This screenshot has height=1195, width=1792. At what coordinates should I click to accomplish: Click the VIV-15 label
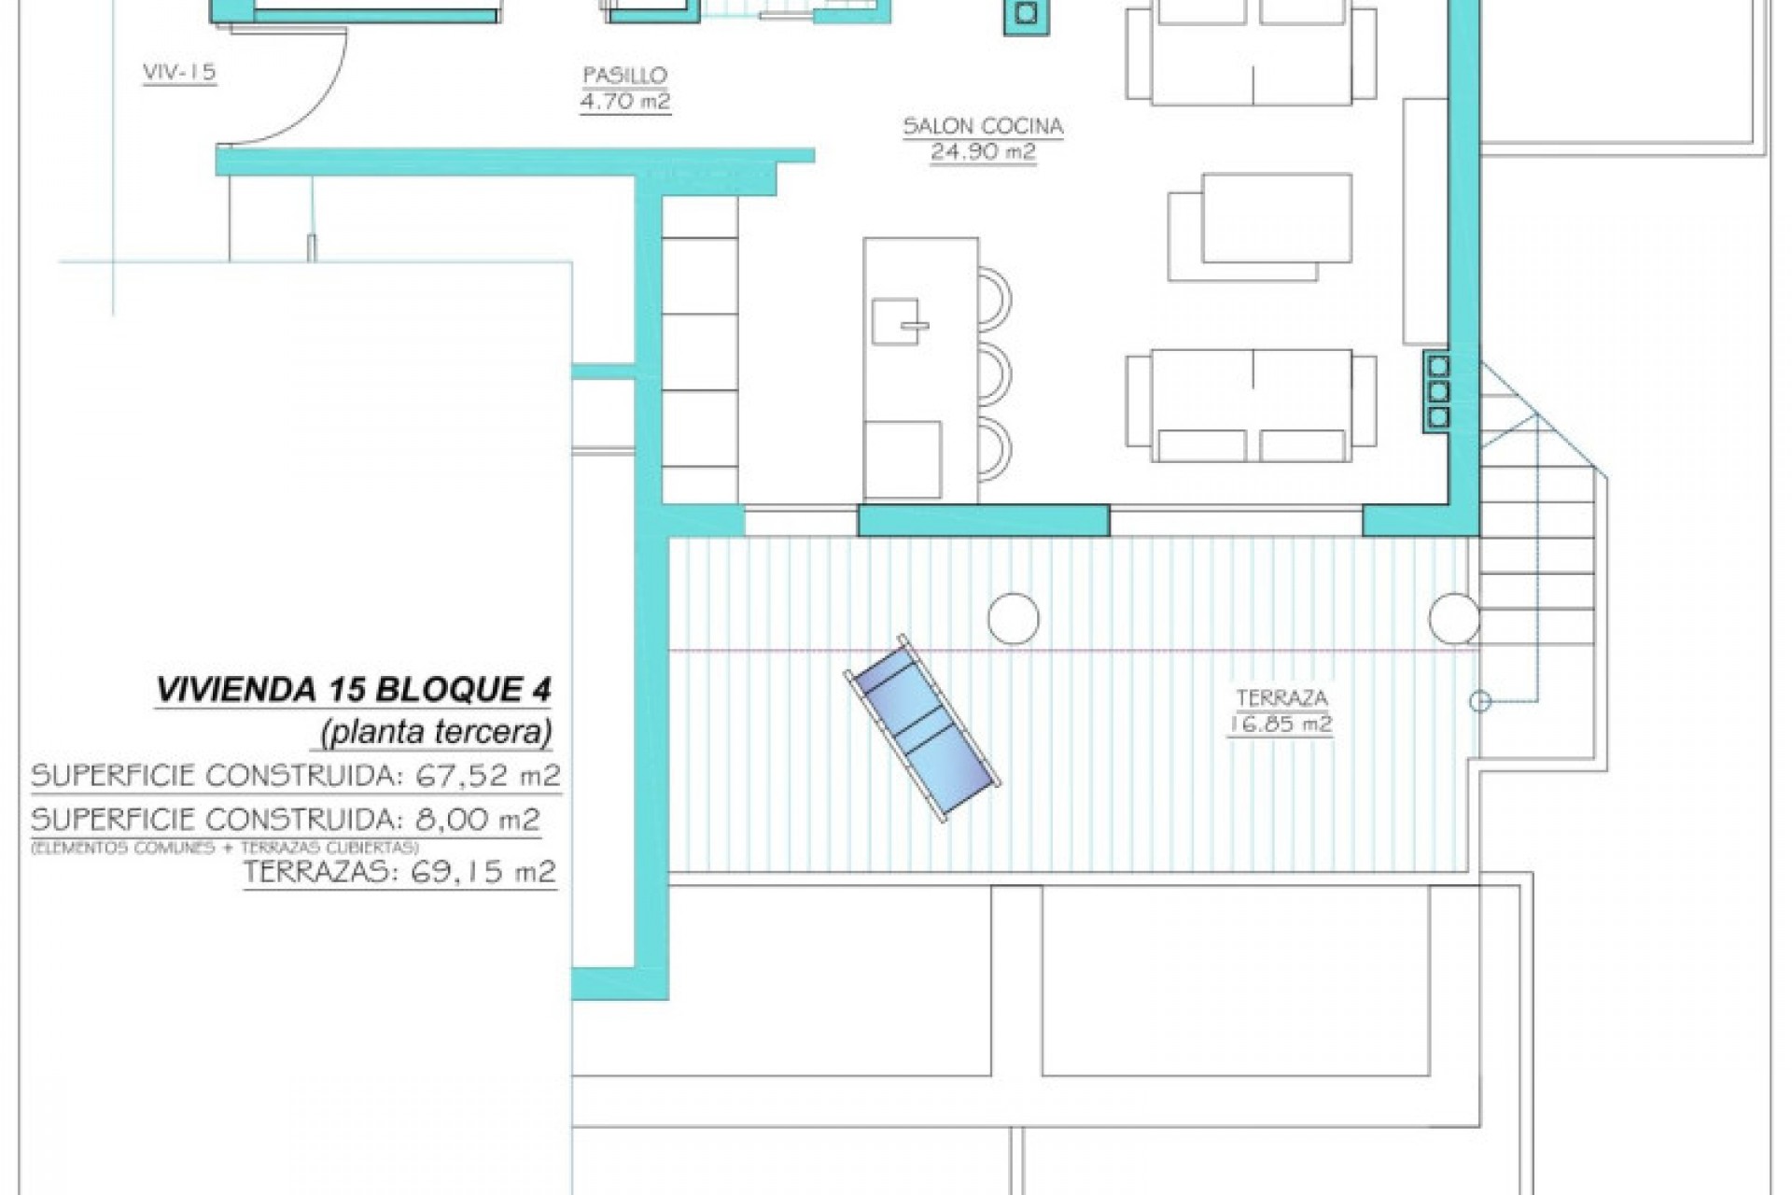pos(179,72)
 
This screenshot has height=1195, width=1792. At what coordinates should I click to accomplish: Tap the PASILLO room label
pos(624,76)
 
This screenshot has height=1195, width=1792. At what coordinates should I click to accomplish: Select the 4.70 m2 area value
pos(624,101)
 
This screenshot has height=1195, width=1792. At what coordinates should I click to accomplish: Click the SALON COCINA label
pos(983,126)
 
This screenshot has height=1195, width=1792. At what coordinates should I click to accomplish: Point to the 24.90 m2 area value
pos(983,151)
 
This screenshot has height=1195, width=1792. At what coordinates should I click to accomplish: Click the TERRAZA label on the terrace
pos(1281,697)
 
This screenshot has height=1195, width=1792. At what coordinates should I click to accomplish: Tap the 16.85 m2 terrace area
pos(1280,724)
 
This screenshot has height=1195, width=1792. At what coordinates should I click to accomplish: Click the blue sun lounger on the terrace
pos(922,728)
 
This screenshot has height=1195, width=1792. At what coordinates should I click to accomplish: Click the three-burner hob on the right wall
pos(1438,391)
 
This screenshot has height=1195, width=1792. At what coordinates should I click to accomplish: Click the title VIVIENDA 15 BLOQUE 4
pos(354,690)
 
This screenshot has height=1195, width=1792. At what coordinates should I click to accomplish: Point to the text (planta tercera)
pos(436,732)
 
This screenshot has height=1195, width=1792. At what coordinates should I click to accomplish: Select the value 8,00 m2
pos(477,820)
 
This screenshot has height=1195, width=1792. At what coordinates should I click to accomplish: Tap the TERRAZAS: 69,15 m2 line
pos(399,872)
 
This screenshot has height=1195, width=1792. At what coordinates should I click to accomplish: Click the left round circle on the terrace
pos(1013,618)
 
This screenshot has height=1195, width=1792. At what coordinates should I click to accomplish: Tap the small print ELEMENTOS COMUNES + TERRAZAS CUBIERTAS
pos(225,848)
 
